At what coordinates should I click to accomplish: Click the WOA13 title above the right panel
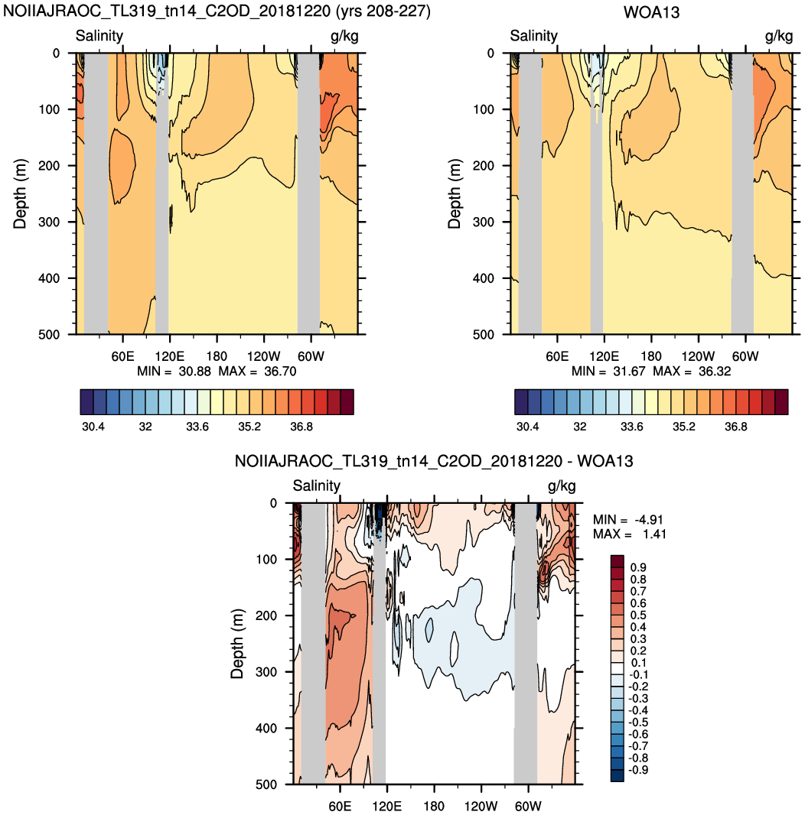pyautogui.click(x=651, y=12)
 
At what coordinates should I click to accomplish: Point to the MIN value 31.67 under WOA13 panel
pyautogui.click(x=628, y=371)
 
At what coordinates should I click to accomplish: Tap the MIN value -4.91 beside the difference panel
pyautogui.click(x=649, y=520)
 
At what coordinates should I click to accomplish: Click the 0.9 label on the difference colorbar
pyautogui.click(x=638, y=567)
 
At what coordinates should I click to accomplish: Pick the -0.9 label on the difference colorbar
pyautogui.click(x=638, y=770)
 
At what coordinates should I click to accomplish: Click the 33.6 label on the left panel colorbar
pyautogui.click(x=197, y=427)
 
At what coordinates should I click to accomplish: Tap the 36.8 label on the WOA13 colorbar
pyautogui.click(x=736, y=427)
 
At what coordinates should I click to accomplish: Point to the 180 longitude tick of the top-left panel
pyautogui.click(x=217, y=356)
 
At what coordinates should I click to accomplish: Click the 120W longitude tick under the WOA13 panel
pyautogui.click(x=698, y=356)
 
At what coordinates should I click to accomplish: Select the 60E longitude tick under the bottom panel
pyautogui.click(x=340, y=806)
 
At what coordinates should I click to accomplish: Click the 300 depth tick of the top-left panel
pyautogui.click(x=50, y=222)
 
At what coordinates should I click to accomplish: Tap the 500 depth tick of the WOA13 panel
pyautogui.click(x=484, y=334)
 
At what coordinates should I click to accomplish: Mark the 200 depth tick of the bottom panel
pyautogui.click(x=266, y=615)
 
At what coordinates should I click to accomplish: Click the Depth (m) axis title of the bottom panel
pyautogui.click(x=236, y=644)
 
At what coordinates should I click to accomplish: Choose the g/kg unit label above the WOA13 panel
pyautogui.click(x=778, y=36)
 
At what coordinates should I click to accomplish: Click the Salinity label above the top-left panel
pyautogui.click(x=99, y=35)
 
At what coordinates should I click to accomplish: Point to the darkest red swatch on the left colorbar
pyautogui.click(x=347, y=402)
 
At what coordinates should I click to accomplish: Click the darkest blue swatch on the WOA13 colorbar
pyautogui.click(x=521, y=402)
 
